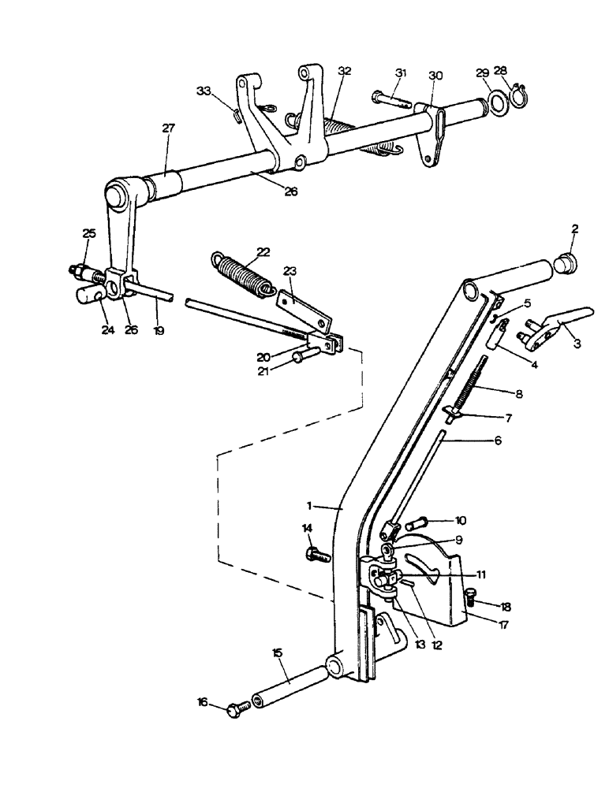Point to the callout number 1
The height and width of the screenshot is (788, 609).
point(313,504)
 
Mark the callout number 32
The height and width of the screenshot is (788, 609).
point(344,70)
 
